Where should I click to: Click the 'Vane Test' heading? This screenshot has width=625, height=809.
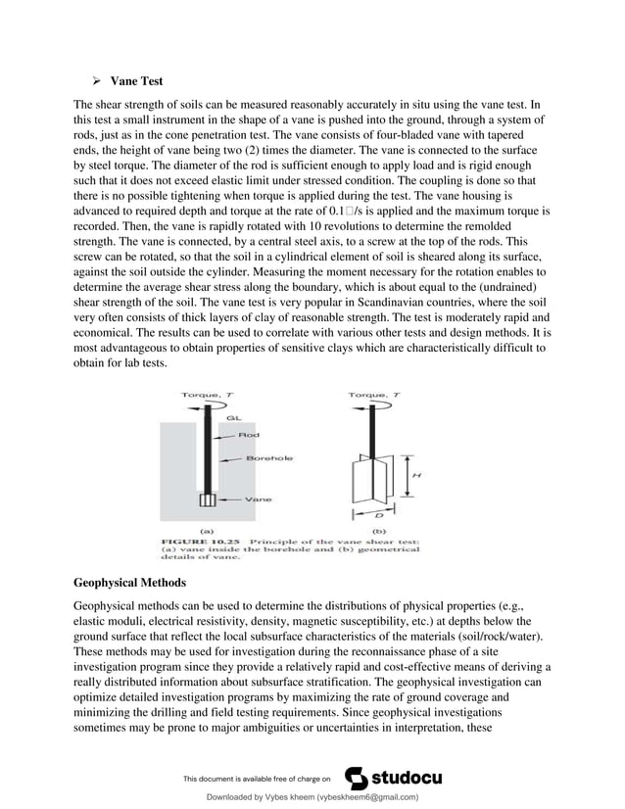[x=136, y=81]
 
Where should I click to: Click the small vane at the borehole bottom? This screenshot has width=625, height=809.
[x=207, y=500]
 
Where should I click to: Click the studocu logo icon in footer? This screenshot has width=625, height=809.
[x=360, y=778]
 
